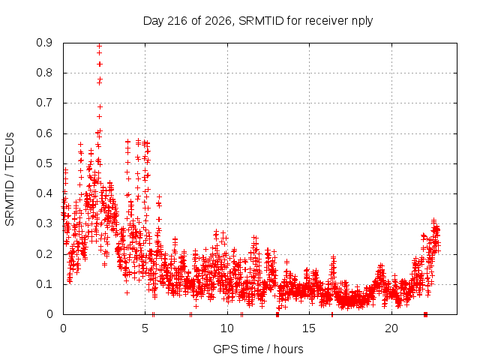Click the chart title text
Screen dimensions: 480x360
tap(258, 21)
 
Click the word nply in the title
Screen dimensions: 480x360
tap(361, 22)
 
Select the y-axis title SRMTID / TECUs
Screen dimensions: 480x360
tap(10, 179)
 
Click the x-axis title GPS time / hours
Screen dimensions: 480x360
tap(258, 349)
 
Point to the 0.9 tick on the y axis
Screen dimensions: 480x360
tap(44, 43)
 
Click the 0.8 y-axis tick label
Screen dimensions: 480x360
tap(44, 73)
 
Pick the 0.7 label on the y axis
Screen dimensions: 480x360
tap(44, 103)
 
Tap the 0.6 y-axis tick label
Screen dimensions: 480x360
tap(44, 133)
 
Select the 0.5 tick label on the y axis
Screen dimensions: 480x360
tap(44, 163)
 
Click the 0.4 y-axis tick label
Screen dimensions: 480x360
tap(44, 193)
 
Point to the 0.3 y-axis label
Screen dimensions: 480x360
tap(44, 223)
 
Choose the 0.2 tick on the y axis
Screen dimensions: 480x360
tap(44, 254)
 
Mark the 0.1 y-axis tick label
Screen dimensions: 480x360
tap(44, 284)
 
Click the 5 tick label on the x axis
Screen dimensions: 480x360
tap(145, 328)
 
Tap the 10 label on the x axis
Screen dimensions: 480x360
tap(227, 328)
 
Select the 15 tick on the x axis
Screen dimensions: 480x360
tap(309, 328)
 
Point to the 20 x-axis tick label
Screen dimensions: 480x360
tap(391, 328)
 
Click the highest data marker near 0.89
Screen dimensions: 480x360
tap(99, 46)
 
